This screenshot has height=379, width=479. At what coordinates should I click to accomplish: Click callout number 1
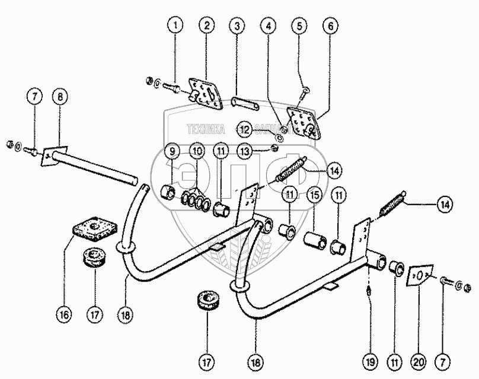[x=175, y=26]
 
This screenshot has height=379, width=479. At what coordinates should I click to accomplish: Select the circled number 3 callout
[x=237, y=26]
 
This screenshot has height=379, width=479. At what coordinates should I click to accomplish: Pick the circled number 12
[x=244, y=129]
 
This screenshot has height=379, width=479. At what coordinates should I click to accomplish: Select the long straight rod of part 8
[x=95, y=169]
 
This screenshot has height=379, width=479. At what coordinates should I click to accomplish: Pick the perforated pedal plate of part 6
[x=304, y=120]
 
